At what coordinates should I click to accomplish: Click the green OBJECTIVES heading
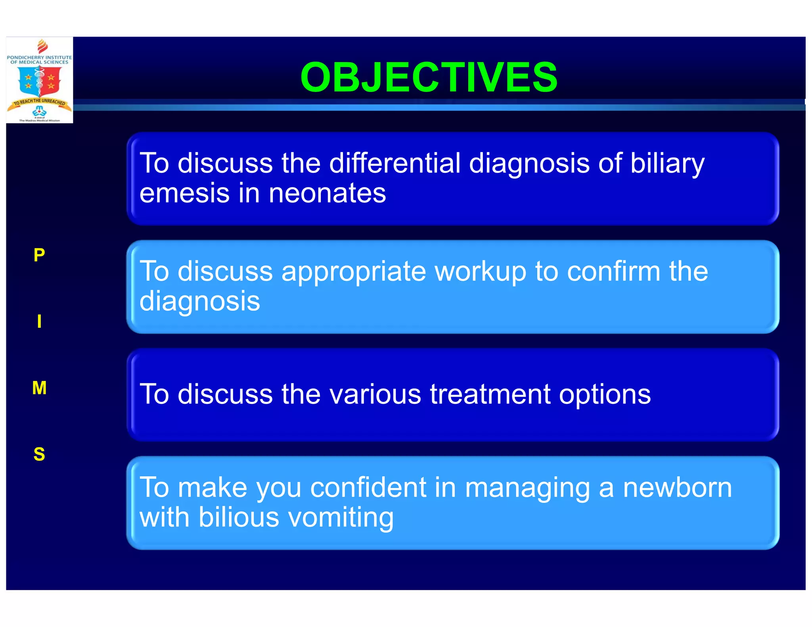(429, 77)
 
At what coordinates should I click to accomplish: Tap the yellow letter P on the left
(39, 255)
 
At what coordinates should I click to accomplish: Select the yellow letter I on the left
(39, 321)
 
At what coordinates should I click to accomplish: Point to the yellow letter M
(39, 388)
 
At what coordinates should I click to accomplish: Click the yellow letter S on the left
(39, 454)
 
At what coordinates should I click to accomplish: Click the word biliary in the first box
(667, 163)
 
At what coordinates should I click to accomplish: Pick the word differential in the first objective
(395, 163)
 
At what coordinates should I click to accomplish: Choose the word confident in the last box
(368, 487)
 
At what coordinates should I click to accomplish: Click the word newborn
(677, 487)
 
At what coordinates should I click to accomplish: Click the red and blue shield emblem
(39, 81)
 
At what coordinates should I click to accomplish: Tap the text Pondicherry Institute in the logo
(39, 57)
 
